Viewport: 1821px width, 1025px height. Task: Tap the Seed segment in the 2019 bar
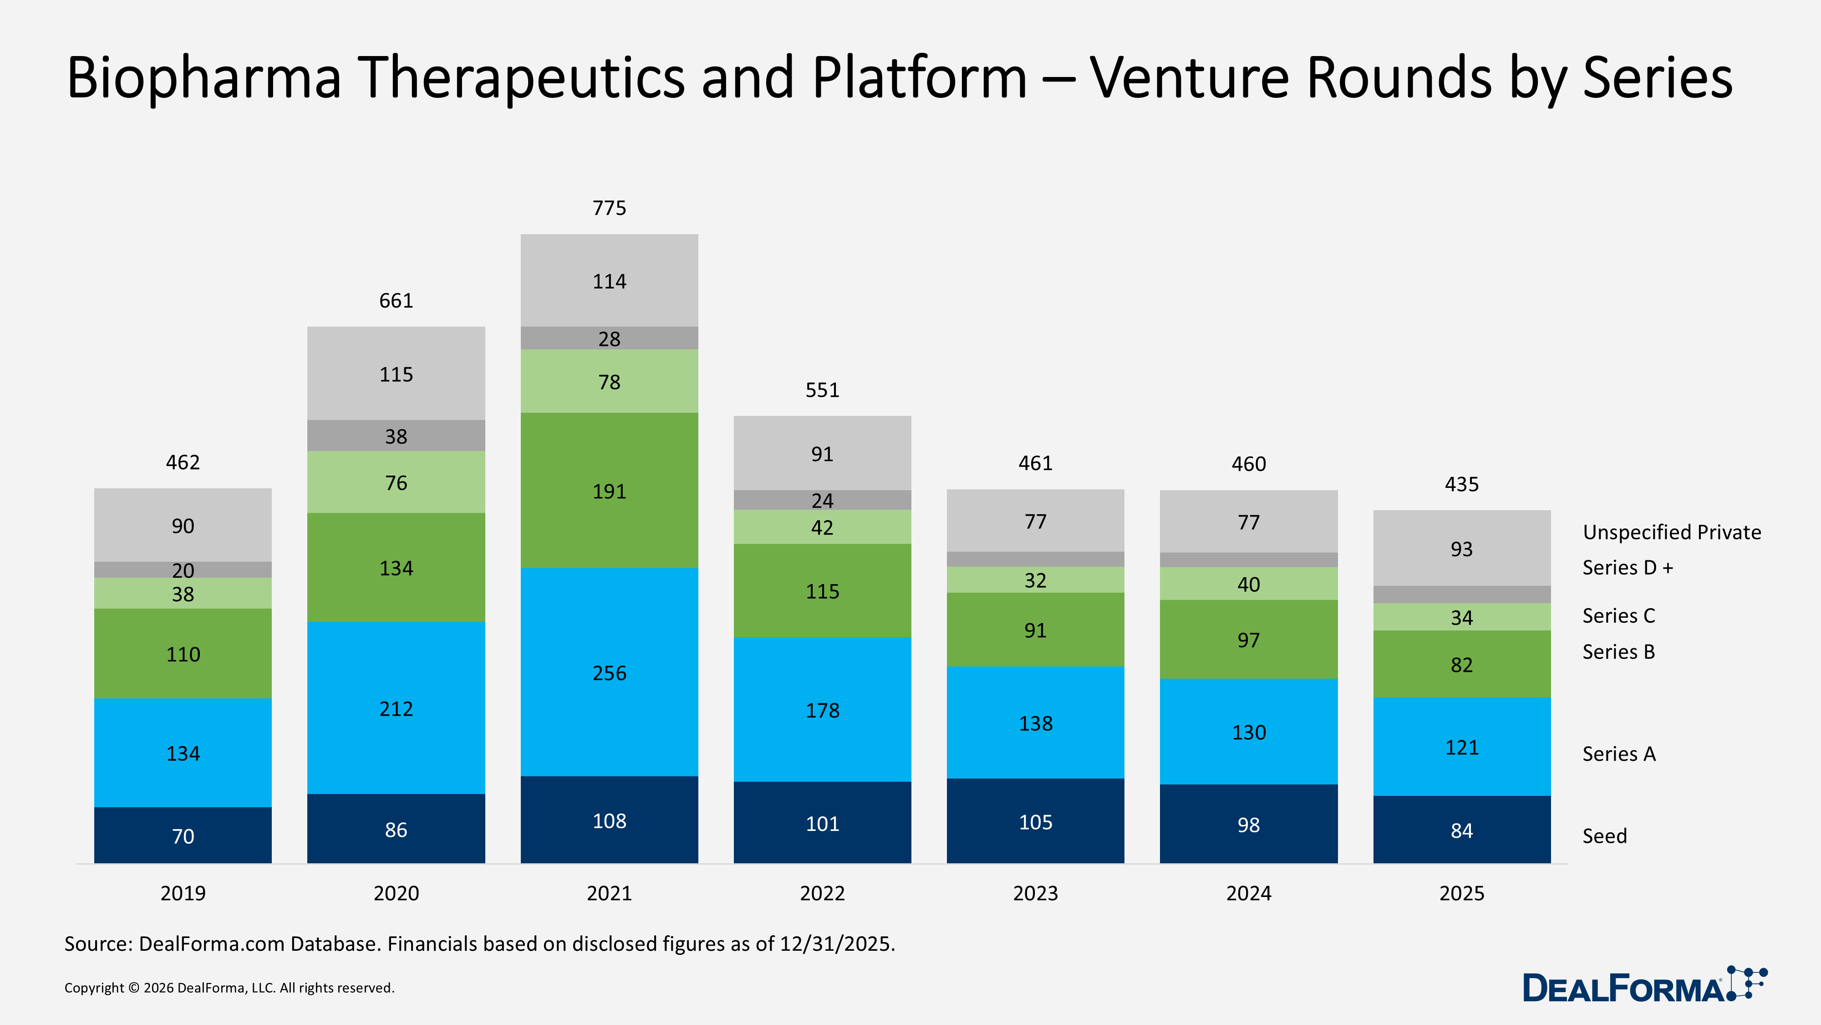183,835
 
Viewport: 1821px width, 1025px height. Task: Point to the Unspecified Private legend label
1671,532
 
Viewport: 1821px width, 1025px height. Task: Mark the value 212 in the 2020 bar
396,709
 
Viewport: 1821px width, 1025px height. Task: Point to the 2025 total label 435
1461,485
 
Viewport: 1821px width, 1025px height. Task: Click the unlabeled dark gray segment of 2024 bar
1248,559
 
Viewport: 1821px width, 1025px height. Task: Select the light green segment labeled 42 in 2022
822,528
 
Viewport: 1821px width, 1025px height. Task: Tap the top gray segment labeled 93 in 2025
1461,549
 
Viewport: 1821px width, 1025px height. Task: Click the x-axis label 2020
396,893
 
